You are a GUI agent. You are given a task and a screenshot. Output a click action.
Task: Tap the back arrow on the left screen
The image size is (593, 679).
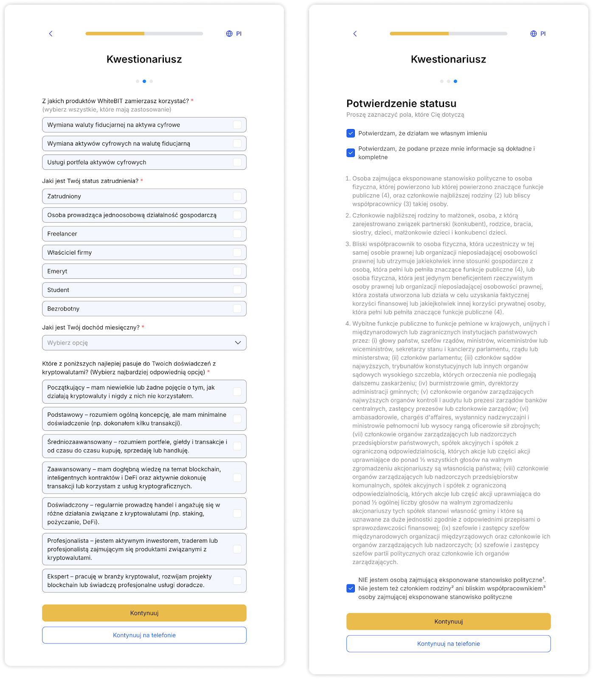click(x=51, y=34)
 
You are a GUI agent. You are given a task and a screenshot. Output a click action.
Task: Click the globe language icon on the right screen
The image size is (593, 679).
click(x=534, y=34)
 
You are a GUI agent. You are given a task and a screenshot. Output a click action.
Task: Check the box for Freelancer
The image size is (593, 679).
click(x=237, y=234)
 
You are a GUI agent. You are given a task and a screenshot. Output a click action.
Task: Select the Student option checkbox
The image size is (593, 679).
click(x=237, y=290)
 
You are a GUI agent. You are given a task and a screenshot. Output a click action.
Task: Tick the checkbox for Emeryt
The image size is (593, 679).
click(x=237, y=271)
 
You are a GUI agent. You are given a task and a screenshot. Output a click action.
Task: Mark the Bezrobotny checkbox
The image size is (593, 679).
click(x=237, y=309)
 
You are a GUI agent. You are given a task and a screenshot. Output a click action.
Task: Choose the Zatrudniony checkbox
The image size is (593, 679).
click(x=237, y=196)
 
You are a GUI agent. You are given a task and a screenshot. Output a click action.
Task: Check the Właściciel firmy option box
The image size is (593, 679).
click(x=237, y=253)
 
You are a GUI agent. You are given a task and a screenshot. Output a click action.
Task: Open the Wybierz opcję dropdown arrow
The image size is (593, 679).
click(x=238, y=343)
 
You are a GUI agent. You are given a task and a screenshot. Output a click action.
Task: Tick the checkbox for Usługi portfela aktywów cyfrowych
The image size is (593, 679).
click(x=237, y=162)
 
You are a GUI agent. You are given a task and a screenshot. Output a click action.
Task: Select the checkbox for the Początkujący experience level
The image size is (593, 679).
click(x=237, y=392)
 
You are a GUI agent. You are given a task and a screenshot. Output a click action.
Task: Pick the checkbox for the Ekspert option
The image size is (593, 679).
click(x=237, y=581)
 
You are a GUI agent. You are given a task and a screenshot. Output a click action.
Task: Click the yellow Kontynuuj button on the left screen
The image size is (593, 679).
click(x=144, y=613)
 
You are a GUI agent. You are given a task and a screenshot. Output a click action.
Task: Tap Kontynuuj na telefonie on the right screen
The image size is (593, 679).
click(x=448, y=644)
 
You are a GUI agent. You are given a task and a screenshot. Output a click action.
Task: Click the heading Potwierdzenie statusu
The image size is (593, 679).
click(x=401, y=104)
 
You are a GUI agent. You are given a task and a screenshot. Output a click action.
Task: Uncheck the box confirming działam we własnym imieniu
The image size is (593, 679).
click(x=351, y=133)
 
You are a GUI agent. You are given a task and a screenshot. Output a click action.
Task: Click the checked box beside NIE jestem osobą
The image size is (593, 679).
click(x=351, y=588)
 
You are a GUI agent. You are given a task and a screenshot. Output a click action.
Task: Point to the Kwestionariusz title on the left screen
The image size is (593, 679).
click(x=144, y=59)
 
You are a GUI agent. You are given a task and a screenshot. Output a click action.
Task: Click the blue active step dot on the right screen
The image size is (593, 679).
click(x=455, y=81)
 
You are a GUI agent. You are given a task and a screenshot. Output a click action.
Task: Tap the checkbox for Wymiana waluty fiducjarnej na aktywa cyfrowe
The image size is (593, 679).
click(x=237, y=125)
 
